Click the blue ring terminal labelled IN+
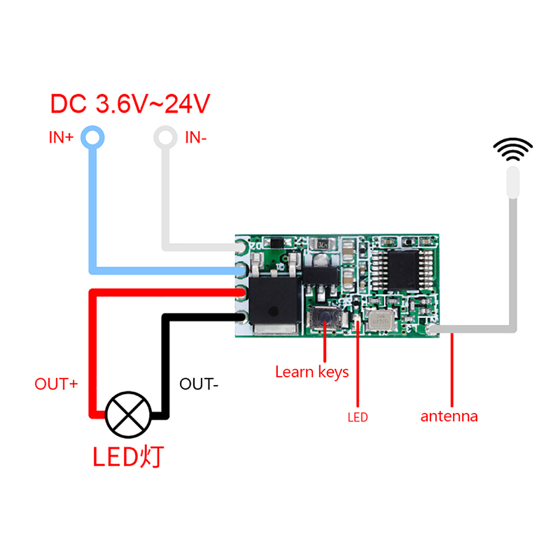(92, 136)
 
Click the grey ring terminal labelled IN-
(166, 136)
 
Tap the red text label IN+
(61, 137)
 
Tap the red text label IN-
(196, 137)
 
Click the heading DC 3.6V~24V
(130, 104)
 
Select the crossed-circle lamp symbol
(128, 414)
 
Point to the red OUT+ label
(56, 384)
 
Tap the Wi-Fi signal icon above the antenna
(513, 149)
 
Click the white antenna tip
(513, 181)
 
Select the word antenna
(449, 416)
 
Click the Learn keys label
(311, 372)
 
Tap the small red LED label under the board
(357, 418)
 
